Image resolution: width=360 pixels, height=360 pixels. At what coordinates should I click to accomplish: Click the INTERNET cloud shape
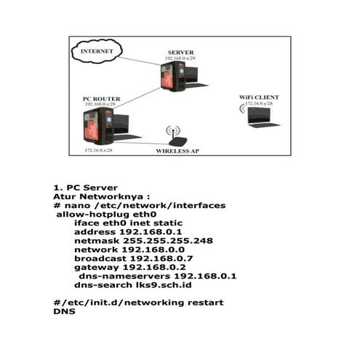coord(96,52)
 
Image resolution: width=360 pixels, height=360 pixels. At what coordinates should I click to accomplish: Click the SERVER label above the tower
coord(180,52)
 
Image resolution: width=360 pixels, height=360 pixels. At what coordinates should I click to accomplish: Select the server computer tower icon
coord(174,75)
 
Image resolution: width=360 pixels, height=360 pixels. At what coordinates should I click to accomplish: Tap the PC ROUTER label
coord(100,97)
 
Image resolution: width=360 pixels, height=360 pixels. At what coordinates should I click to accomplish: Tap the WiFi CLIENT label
coord(257,97)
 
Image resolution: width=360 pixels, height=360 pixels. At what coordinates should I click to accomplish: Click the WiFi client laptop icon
coord(260,116)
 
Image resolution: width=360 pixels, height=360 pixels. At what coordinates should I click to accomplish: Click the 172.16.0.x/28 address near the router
coord(100,150)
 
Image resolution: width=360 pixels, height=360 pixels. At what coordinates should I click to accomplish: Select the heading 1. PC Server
coord(86,188)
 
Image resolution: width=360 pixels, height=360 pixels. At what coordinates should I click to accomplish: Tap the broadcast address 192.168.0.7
coord(160,258)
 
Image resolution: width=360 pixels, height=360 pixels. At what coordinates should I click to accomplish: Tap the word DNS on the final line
coord(64,311)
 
